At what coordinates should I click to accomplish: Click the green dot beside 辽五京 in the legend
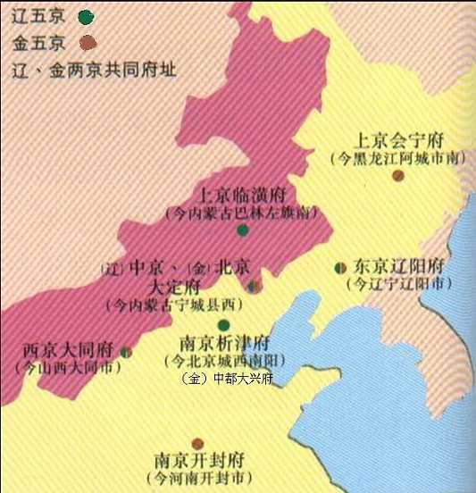(x=86, y=16)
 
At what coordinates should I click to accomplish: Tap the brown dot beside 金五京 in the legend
(x=87, y=41)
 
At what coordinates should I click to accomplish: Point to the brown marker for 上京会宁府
(x=398, y=176)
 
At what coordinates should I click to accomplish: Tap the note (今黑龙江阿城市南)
(x=398, y=158)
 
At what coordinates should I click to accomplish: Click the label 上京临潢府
(x=242, y=196)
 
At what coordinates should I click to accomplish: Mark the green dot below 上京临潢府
(x=242, y=230)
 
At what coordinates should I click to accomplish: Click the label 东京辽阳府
(x=398, y=267)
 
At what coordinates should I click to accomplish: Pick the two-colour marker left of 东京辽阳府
(x=340, y=267)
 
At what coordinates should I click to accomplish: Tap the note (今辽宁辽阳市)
(x=398, y=285)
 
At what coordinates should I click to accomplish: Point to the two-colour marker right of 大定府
(x=252, y=287)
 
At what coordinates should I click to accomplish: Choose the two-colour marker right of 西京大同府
(x=126, y=353)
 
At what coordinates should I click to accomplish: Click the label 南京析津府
(x=223, y=343)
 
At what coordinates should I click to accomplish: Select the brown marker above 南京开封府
(x=198, y=443)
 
